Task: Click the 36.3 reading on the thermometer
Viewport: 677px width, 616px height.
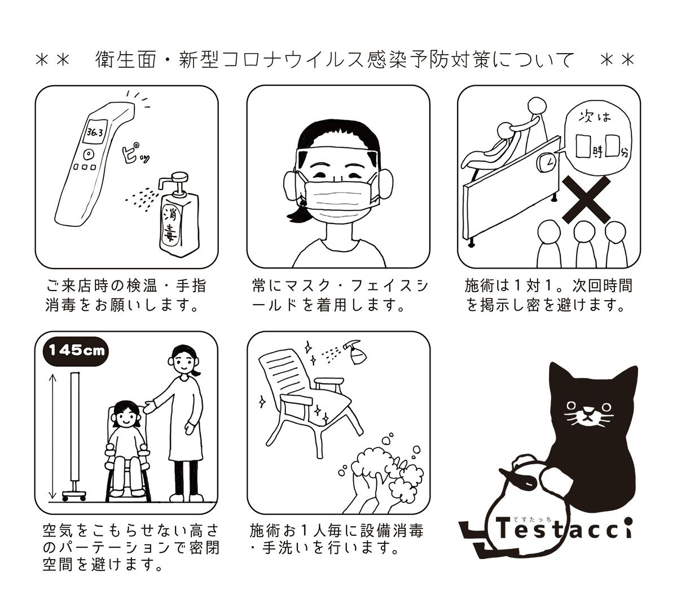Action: [x=95, y=131]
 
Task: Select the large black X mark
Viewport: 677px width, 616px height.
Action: [x=586, y=200]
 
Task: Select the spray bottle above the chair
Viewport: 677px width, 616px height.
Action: [x=356, y=353]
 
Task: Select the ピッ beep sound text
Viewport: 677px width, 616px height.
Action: [x=135, y=153]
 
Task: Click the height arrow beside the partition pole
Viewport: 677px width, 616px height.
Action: [x=52, y=437]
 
